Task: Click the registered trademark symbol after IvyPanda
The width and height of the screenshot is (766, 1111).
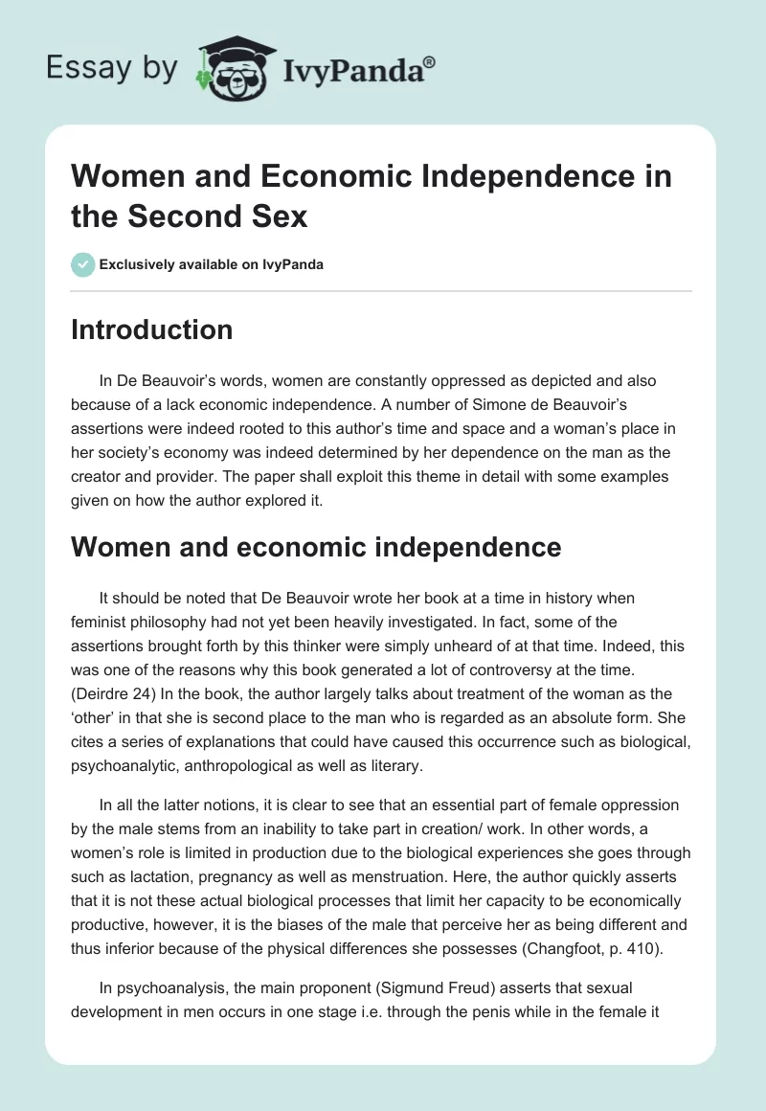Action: click(x=430, y=62)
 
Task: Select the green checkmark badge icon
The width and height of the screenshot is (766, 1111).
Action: click(x=83, y=264)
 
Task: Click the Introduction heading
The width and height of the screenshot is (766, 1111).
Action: click(x=152, y=329)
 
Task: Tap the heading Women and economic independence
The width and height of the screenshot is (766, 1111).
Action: click(x=315, y=547)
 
